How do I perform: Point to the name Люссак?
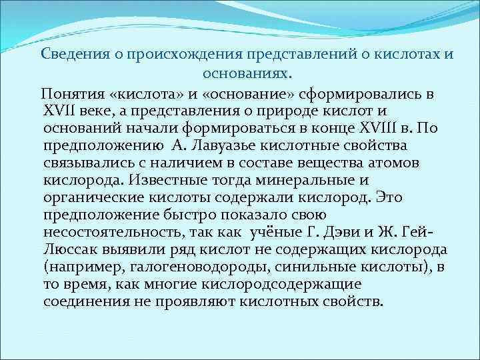coord(69,249)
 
